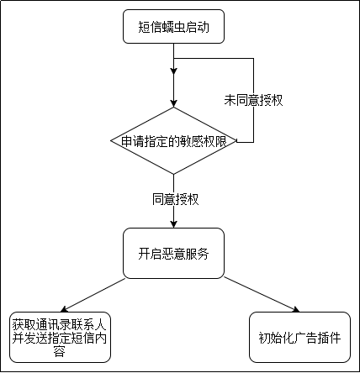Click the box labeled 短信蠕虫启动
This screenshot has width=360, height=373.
pos(173,28)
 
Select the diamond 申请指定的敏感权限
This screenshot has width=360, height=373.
pos(173,140)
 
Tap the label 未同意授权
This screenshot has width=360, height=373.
pos(252,100)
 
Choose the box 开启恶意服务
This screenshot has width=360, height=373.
pos(173,252)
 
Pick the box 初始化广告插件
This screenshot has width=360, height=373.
pos(299,339)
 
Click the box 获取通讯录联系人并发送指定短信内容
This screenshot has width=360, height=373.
pos(59,339)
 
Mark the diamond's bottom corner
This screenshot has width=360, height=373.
pos(173,175)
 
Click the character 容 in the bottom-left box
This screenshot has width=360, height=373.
pos(59,353)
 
